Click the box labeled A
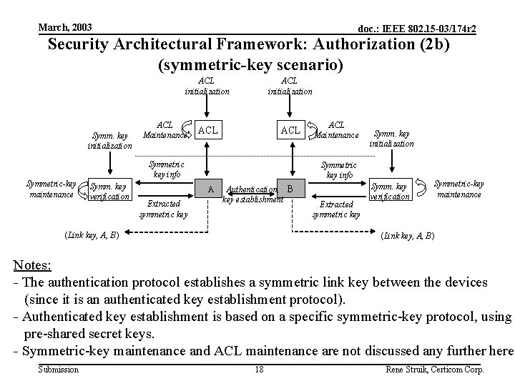pyautogui.click(x=210, y=189)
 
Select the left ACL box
pyautogui.click(x=208, y=131)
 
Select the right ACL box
pyautogui.click(x=290, y=131)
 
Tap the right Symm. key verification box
pyautogui.click(x=391, y=191)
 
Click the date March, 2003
pyautogui.click(x=65, y=27)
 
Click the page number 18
pyautogui.click(x=259, y=370)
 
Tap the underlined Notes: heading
pyautogui.click(x=32, y=266)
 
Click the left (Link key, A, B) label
pyautogui.click(x=92, y=234)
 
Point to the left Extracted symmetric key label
pyautogui.click(x=163, y=208)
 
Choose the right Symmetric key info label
pyautogui.click(x=339, y=169)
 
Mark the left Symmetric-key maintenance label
pyautogui.click(x=51, y=189)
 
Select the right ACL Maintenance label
pyautogui.click(x=336, y=130)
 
